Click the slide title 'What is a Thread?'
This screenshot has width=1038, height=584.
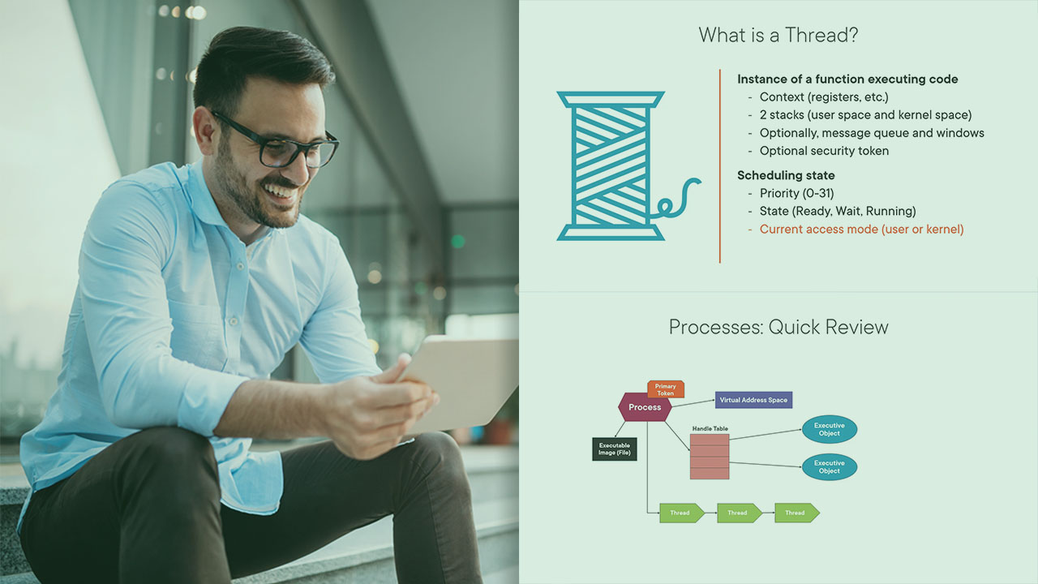[778, 35]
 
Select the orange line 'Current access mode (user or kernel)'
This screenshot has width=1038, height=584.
[861, 230]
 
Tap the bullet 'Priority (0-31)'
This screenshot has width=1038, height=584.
[796, 193]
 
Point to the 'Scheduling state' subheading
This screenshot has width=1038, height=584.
[786, 175]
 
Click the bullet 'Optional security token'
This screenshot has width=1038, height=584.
[824, 151]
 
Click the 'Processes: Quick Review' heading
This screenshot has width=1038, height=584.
[778, 327]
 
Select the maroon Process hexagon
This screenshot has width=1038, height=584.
[645, 407]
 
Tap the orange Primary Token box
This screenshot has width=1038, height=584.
[666, 389]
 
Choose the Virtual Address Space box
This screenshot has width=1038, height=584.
[753, 400]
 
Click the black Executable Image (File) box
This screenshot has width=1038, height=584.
[615, 449]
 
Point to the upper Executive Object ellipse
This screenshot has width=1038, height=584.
[829, 429]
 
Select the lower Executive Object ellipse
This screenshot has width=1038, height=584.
[829, 466]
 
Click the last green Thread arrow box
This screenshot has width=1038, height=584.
[797, 513]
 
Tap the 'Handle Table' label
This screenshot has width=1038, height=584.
[710, 429]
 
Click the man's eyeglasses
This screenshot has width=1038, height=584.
[279, 142]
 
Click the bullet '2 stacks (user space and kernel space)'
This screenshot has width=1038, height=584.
[865, 115]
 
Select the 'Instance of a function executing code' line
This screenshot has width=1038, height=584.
[847, 79]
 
